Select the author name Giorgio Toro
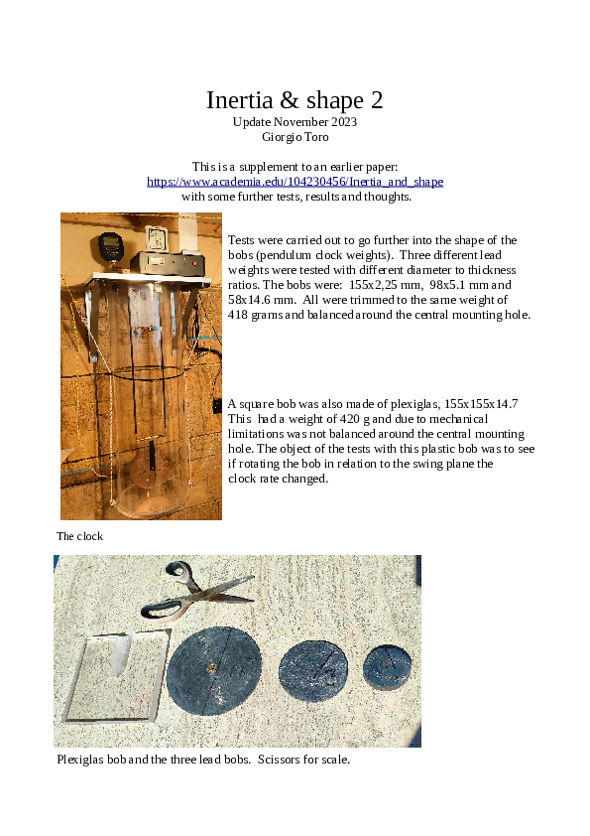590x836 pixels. [x=295, y=136]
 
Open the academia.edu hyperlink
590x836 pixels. [x=295, y=182]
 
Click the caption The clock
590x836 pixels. [x=79, y=536]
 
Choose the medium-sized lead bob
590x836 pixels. [x=314, y=666]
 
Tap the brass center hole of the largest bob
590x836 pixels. [x=211, y=667]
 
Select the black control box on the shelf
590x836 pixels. [x=170, y=263]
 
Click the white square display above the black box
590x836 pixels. [x=155, y=238]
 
